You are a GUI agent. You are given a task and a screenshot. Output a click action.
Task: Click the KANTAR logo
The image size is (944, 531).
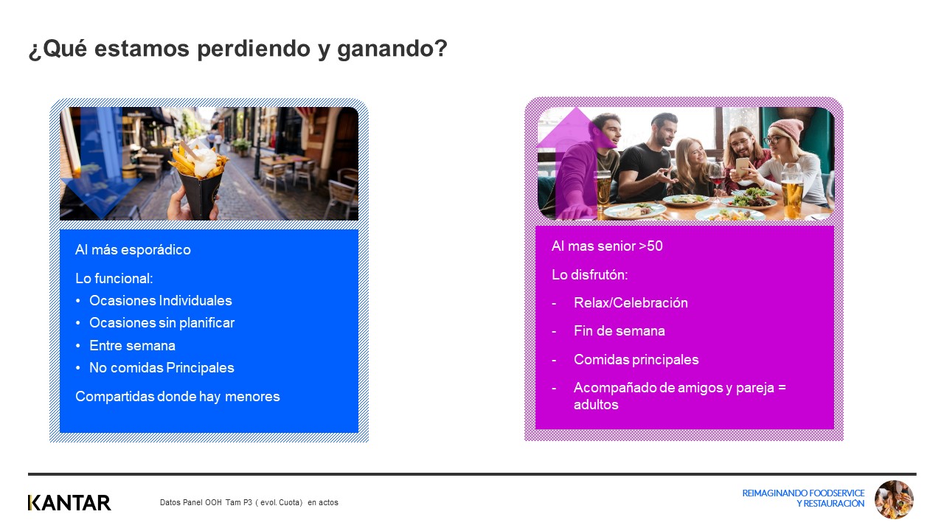click(x=69, y=503)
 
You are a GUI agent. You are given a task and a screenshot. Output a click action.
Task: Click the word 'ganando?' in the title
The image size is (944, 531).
click(x=392, y=49)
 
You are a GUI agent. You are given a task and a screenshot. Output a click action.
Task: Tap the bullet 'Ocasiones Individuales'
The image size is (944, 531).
click(x=161, y=300)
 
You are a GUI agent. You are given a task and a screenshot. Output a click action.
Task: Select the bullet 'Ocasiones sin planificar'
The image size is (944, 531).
click(x=162, y=323)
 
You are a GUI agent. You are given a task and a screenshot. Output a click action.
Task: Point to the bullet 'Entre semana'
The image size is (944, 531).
click(x=132, y=346)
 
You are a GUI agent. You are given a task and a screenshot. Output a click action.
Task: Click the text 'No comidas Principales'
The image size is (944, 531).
click(x=162, y=367)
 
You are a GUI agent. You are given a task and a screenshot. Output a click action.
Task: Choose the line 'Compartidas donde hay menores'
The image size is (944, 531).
click(x=178, y=396)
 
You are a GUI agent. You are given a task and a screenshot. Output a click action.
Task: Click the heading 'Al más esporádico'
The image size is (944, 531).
click(x=133, y=249)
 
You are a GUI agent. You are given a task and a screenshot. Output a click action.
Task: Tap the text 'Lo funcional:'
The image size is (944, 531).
click(x=114, y=278)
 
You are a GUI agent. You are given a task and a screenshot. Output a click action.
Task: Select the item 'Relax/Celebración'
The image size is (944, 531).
click(x=631, y=302)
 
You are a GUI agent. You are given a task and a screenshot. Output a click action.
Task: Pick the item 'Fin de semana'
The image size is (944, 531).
click(x=619, y=331)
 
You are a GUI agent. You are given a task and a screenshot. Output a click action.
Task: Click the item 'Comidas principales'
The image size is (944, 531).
click(x=636, y=359)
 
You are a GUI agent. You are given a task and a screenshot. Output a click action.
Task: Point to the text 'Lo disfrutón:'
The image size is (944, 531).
click(x=589, y=275)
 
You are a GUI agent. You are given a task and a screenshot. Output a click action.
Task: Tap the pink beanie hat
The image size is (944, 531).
click(x=787, y=129)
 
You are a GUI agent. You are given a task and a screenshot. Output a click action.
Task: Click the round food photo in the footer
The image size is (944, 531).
click(x=894, y=499)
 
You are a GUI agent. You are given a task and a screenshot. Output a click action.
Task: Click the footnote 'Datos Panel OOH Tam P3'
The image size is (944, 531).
click(x=206, y=502)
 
